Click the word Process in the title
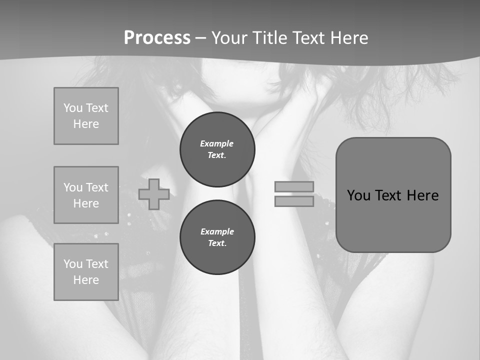click(157, 38)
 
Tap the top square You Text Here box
click(86, 116)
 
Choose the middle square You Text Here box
click(86, 195)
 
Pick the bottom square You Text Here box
click(86, 272)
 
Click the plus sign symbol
click(154, 194)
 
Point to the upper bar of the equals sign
click(294, 186)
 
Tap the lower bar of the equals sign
click(294, 201)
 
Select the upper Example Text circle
click(217, 149)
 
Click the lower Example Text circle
click(217, 237)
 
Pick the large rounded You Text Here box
click(393, 195)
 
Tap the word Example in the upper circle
click(217, 143)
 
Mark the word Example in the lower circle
click(217, 231)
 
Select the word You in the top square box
click(73, 108)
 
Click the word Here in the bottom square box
click(86, 280)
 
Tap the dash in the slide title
click(200, 38)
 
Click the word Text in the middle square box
click(96, 187)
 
